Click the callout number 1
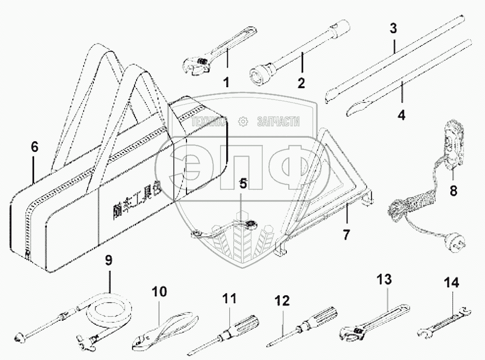[225, 82]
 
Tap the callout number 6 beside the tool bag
[34, 147]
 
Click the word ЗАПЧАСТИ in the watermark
[279, 121]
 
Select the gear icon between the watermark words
[243, 121]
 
